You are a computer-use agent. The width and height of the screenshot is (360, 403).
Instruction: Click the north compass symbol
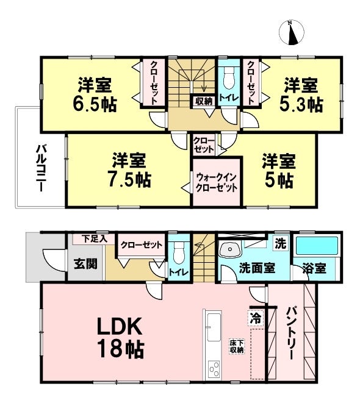click(x=291, y=33)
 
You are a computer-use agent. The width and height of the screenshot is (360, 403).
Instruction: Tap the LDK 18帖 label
click(x=120, y=338)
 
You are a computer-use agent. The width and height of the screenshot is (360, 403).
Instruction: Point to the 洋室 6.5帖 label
click(x=95, y=94)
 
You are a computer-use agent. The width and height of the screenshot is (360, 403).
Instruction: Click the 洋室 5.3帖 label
click(x=301, y=95)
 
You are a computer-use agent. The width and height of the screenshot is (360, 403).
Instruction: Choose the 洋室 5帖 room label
click(x=279, y=171)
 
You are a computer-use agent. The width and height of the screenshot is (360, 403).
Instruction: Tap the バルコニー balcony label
click(x=41, y=168)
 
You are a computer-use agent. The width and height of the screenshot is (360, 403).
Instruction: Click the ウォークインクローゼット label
click(x=216, y=182)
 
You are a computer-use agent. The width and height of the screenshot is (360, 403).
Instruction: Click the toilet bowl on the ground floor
click(x=179, y=252)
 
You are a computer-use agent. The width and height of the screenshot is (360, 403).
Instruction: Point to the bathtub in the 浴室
click(x=317, y=246)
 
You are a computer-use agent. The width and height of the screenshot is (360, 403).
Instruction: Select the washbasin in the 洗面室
click(x=229, y=249)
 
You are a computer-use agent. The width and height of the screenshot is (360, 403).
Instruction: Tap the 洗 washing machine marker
click(x=281, y=243)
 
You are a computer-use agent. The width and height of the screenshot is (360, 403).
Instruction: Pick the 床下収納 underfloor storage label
click(x=237, y=347)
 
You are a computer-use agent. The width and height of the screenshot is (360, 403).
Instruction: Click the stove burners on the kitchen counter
click(x=214, y=369)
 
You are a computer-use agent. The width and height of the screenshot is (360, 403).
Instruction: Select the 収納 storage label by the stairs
click(x=204, y=101)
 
